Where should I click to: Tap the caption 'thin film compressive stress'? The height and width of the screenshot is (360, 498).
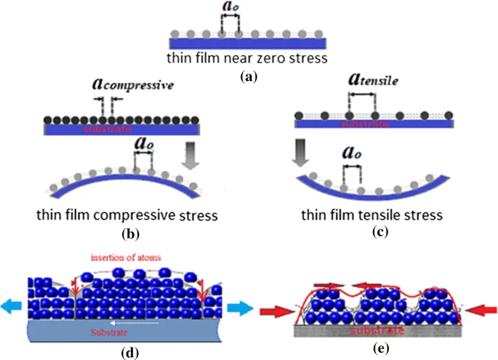tap(127, 217)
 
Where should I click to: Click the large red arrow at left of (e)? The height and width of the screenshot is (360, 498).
tap(275, 311)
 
